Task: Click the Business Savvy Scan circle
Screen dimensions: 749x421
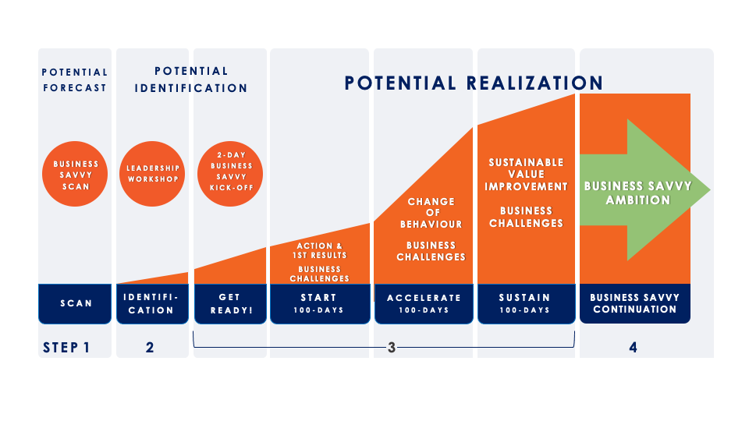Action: tap(75, 174)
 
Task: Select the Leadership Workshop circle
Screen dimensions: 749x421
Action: tap(152, 174)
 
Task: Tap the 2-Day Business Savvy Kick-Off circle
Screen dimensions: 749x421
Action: tap(230, 174)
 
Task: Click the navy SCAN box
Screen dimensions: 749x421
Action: tap(75, 303)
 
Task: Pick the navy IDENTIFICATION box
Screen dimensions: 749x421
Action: tap(152, 303)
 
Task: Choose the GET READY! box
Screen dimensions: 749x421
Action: tap(230, 303)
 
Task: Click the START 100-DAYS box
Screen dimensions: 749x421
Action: tap(320, 303)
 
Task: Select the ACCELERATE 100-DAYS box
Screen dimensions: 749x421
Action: tap(424, 303)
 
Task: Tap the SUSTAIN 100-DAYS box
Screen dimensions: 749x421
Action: tap(527, 303)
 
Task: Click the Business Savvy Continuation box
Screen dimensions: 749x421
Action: tap(635, 303)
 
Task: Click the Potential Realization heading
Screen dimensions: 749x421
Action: tap(474, 83)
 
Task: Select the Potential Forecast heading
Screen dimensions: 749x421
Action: tap(75, 80)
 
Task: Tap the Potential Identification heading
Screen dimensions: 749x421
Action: tap(191, 80)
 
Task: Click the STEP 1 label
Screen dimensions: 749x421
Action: tap(66, 348)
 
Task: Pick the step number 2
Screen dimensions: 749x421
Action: tap(150, 348)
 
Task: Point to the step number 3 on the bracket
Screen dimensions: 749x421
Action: tap(392, 348)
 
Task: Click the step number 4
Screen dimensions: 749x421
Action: tap(633, 348)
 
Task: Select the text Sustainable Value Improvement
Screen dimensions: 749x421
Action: tap(526, 174)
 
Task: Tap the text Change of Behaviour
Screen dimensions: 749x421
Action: tap(431, 213)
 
